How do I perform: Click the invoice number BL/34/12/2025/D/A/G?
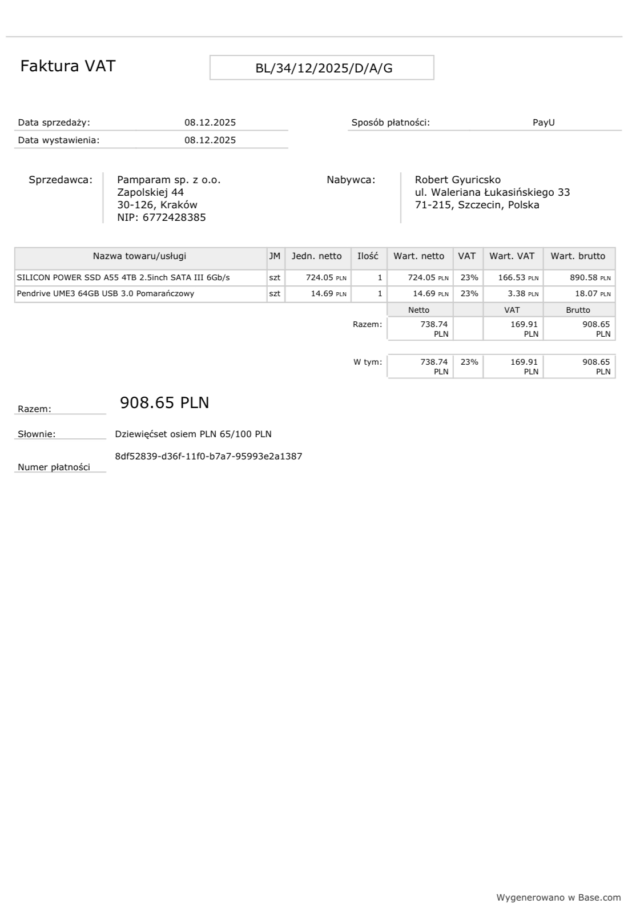324,68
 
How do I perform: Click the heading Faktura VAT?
67,66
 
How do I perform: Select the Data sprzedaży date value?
210,123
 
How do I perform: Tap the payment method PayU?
543,123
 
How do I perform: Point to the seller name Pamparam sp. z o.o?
168,180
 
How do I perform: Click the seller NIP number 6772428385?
174,217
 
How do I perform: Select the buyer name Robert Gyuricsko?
457,180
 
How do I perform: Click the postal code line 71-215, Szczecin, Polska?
477,205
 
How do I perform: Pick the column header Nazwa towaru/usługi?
139,256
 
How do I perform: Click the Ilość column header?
368,256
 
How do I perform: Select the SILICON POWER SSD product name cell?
123,278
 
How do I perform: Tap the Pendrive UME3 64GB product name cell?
106,294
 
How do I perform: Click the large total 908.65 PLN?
164,403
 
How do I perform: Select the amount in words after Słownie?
193,434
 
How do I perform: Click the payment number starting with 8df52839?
208,457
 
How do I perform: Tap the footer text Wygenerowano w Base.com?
558,898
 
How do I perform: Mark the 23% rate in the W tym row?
469,362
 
